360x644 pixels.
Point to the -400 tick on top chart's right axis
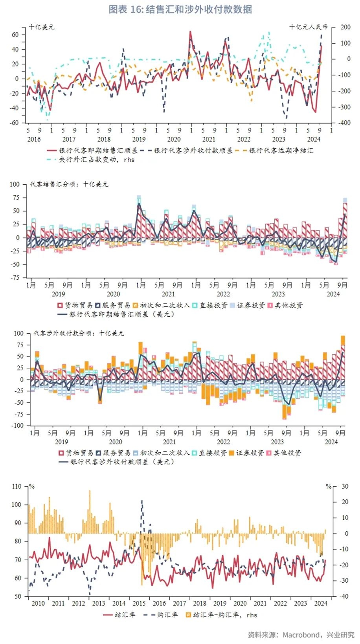tap(345, 123)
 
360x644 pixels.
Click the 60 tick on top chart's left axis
tap(15, 35)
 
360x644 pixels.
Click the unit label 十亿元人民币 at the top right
tap(308, 27)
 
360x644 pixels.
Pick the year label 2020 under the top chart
tap(174, 139)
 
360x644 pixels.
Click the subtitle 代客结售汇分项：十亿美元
tap(69, 184)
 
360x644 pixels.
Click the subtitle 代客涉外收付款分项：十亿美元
tap(79, 333)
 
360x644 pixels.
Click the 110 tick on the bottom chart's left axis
tap(17, 486)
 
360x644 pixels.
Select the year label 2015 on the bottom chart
tap(139, 604)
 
